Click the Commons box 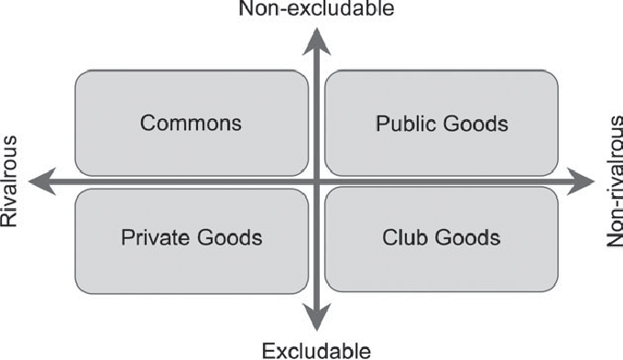[191, 123]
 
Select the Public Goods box [441, 123]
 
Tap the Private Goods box [191, 239]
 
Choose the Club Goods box [441, 239]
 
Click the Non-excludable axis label [316, 10]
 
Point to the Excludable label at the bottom [316, 350]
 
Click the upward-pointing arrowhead [316, 38]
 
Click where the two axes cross [316, 182]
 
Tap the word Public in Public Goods [401, 123]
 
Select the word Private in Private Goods [151, 238]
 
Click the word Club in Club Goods [399, 238]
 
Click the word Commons [191, 123]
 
